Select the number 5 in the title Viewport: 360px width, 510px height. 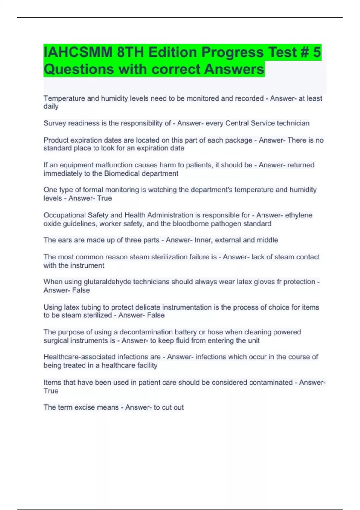tap(317, 52)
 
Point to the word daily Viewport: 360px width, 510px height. tap(51, 106)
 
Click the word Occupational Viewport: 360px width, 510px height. tap(64, 215)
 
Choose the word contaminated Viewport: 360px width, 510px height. tap(271, 382)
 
